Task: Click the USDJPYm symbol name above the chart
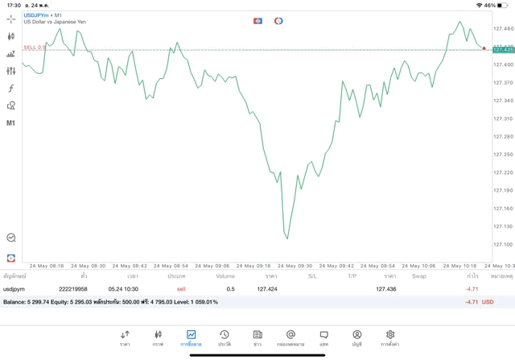[x=35, y=14]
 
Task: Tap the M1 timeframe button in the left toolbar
[x=11, y=123]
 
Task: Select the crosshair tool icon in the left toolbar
[x=11, y=19]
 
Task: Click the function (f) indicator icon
[x=11, y=89]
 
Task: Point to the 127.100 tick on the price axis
[x=503, y=244]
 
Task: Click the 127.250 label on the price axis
[x=503, y=154]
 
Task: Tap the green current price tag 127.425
[x=503, y=50]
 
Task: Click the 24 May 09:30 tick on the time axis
[x=295, y=266]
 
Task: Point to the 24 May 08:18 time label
[x=47, y=266]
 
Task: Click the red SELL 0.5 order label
[x=35, y=48]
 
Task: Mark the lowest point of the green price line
[x=286, y=238]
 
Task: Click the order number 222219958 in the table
[x=73, y=288]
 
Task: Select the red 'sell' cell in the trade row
[x=181, y=288]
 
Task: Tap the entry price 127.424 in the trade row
[x=266, y=288]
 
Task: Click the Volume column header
[x=225, y=276]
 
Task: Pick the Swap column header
[x=418, y=276]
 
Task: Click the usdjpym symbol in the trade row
[x=14, y=288]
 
